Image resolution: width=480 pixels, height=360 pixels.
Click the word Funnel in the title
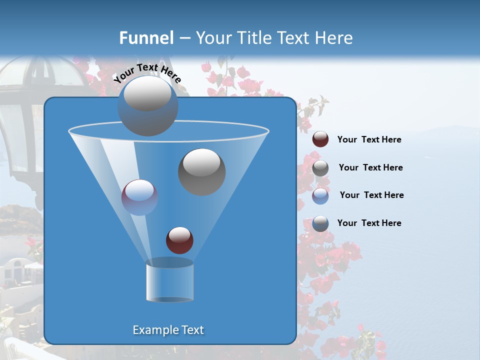[146, 38]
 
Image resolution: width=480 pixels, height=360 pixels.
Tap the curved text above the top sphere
[147, 73]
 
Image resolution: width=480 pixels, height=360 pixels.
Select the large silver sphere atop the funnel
[148, 106]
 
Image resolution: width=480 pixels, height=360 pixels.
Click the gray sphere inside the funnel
[201, 171]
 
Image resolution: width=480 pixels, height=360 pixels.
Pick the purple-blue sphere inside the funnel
[139, 197]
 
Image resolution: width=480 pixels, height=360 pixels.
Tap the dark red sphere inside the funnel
[179, 240]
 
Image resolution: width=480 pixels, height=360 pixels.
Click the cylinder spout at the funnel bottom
[169, 280]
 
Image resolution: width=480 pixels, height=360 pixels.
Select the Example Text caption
[168, 330]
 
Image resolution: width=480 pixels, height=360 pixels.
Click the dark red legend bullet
[320, 139]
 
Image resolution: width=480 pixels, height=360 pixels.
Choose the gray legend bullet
[320, 167]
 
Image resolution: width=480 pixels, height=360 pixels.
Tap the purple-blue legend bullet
[320, 195]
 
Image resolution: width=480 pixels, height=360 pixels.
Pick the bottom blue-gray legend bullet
[320, 223]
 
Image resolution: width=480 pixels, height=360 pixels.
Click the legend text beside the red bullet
[369, 140]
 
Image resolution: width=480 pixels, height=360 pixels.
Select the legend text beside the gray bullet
[370, 167]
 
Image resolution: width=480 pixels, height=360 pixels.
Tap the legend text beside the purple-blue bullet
[371, 195]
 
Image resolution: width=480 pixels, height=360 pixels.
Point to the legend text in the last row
[369, 223]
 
